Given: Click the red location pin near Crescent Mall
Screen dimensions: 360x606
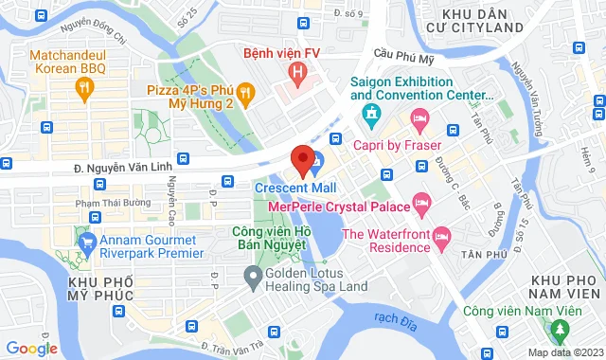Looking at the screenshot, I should click(302, 160).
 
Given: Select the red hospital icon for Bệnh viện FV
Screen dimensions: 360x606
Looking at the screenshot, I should click(298, 72).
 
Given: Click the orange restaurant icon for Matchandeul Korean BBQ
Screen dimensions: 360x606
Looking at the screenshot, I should click(85, 89).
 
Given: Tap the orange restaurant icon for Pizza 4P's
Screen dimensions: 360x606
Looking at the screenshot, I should click(245, 92).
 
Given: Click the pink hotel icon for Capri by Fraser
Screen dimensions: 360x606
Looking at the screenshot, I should click(419, 117).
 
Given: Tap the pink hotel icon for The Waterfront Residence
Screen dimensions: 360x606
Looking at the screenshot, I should click(441, 234).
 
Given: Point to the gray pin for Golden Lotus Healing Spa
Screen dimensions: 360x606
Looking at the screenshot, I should click(252, 278).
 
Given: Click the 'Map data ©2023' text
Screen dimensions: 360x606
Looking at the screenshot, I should click(563, 352).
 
